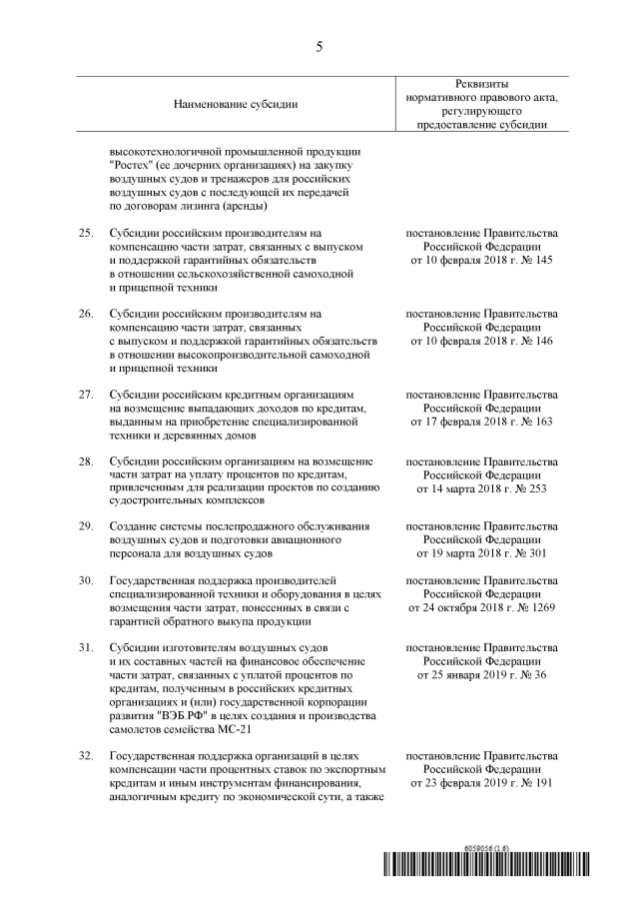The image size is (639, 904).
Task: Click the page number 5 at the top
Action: pos(319,46)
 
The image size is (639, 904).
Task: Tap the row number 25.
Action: pos(86,232)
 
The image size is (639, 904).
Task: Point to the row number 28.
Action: pos(86,460)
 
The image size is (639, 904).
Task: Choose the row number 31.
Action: pos(86,648)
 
